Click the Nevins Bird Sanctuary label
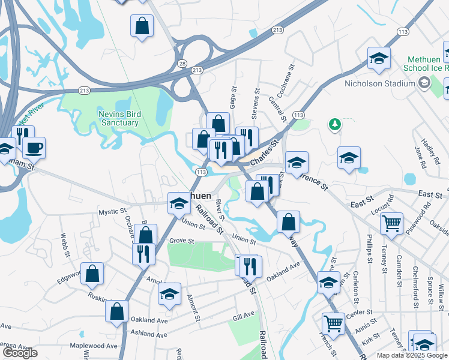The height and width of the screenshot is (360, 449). pos(118,118)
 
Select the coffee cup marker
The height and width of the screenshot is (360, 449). pos(34,147)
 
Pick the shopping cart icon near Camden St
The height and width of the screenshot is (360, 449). pos(391,223)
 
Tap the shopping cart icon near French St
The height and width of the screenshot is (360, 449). pos(333,324)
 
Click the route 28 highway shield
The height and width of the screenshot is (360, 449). pos(182,63)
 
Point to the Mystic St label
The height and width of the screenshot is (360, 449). pos(113,212)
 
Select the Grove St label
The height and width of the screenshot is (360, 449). pos(182,241)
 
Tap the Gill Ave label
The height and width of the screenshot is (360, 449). pos(244,316)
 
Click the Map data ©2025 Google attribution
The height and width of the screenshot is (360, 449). pos(412,355)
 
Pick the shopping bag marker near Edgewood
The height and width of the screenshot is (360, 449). pos(93,274)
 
